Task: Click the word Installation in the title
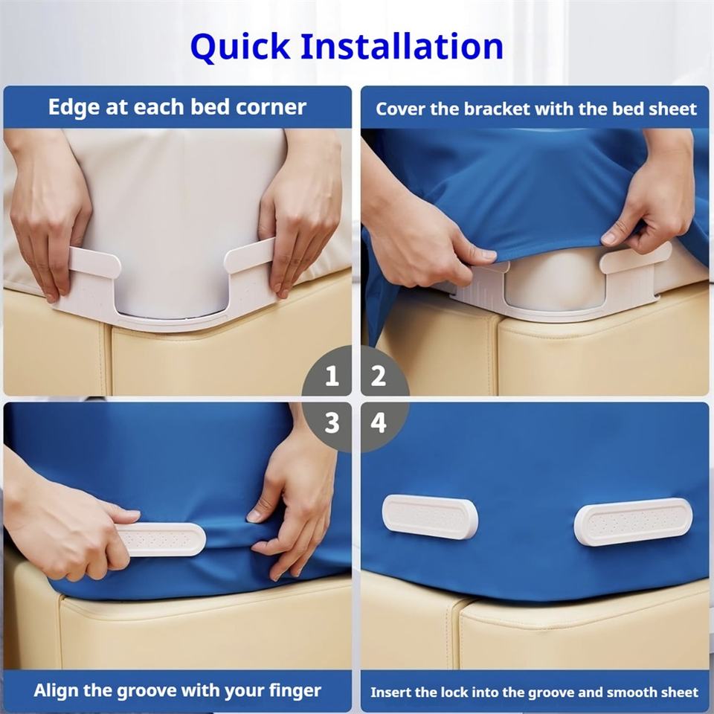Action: (x=402, y=46)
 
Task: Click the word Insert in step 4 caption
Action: (x=387, y=692)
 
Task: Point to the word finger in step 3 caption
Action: (x=295, y=691)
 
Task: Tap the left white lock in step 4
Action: (x=430, y=516)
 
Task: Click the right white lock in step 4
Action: (x=633, y=521)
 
